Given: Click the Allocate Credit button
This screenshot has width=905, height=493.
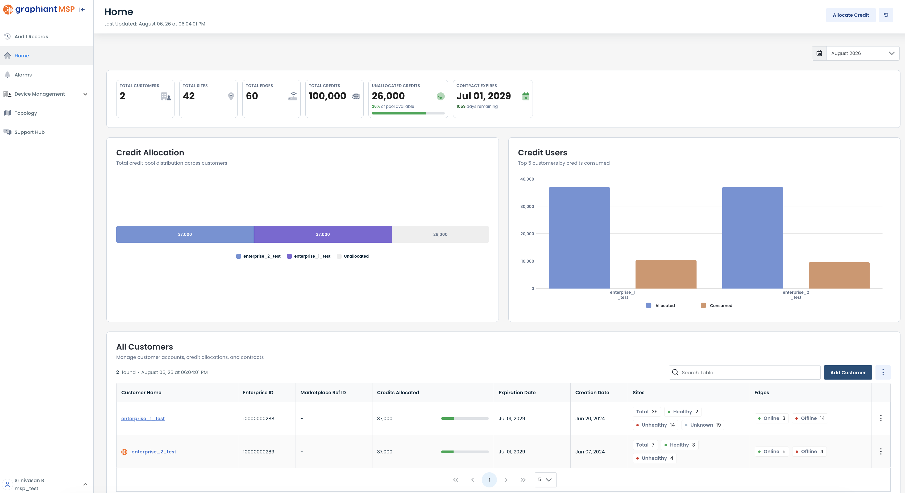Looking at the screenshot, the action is coord(850,15).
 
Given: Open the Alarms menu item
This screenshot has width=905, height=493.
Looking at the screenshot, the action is coord(23,75).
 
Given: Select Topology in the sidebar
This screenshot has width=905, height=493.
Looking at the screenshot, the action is coord(26,113).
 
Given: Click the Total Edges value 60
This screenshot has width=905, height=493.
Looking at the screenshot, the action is coord(252,96).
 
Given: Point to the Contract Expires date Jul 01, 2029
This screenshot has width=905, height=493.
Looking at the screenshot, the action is coord(483,96).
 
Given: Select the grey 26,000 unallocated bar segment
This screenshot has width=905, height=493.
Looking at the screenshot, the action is coord(440,234).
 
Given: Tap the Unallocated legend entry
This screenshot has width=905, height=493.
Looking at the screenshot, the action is coord(353,256).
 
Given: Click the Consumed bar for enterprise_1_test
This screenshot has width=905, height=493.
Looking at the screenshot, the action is coord(666,274).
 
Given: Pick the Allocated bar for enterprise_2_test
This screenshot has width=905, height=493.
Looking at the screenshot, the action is coord(753,237).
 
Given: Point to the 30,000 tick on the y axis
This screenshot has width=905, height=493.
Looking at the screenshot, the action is coord(527,206).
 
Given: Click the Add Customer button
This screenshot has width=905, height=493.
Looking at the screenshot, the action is coord(848,372).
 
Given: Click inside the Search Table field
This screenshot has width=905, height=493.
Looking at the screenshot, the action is coord(745,372).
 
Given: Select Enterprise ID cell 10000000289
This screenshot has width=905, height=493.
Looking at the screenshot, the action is coord(259,452).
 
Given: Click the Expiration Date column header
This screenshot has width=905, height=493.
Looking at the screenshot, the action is coord(517,392).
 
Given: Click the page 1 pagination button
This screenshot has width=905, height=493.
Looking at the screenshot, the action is coord(489,480).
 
